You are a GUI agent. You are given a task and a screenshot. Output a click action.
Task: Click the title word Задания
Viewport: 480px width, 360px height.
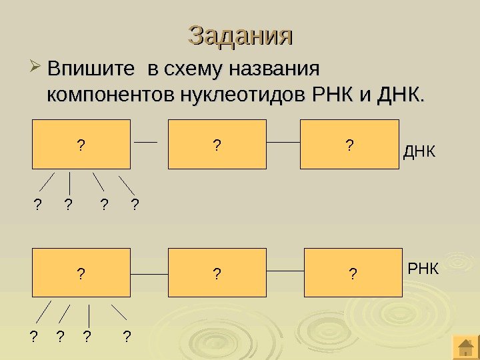click(241, 35)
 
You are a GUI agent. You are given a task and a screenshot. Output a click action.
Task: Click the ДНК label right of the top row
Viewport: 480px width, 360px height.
click(419, 153)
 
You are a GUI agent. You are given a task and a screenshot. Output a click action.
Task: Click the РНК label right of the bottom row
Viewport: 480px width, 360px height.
click(423, 269)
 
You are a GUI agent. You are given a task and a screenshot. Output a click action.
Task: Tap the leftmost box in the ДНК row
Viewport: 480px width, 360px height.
click(81, 144)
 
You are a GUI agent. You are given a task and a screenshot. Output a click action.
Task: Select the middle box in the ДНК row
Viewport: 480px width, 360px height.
click(217, 144)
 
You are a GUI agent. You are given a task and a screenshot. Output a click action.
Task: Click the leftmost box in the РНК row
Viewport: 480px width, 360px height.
click(81, 272)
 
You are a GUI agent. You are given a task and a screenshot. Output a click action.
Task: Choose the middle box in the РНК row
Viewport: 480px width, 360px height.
click(217, 272)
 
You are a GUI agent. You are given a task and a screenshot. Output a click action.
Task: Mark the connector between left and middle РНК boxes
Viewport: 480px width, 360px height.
click(149, 273)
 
